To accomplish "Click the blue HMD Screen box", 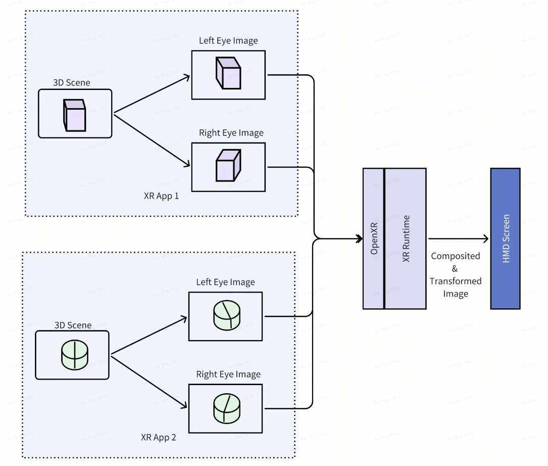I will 505,239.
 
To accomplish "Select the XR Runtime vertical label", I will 406,239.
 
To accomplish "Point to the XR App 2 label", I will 159,437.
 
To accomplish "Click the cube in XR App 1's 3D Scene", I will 74,115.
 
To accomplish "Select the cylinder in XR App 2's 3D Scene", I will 74,356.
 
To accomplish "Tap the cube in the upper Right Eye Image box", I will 227,165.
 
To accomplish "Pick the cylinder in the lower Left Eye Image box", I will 225,315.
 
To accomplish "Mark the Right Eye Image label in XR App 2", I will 228,375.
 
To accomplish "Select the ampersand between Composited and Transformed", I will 455,268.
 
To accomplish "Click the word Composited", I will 455,256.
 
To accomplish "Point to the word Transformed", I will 456,281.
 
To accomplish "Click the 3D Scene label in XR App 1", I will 72,82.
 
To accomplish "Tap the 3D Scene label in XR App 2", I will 73,325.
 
